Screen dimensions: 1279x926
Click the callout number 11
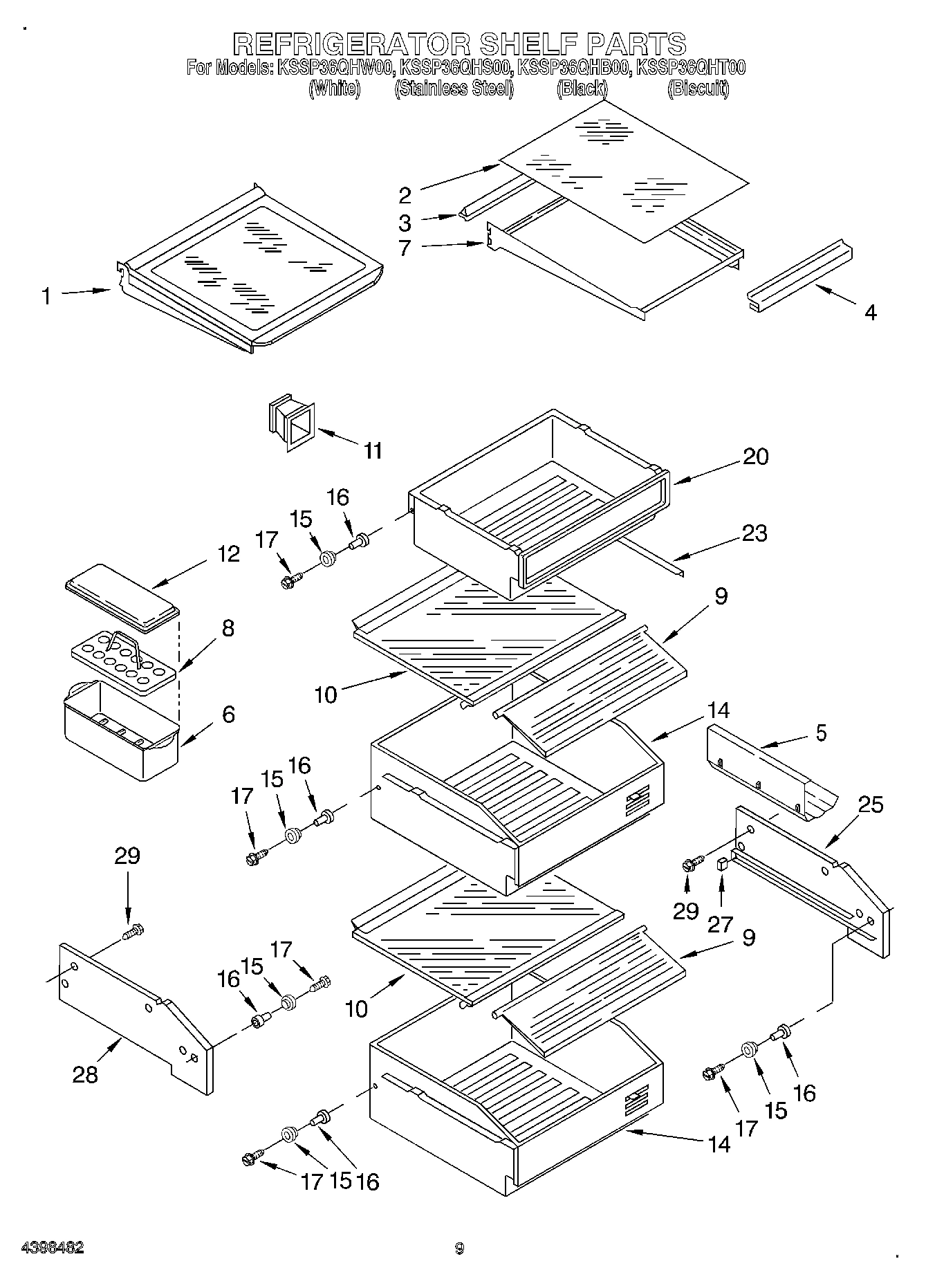point(373,451)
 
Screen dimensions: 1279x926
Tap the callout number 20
point(755,457)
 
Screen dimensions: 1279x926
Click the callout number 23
point(754,533)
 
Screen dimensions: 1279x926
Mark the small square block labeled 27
point(721,863)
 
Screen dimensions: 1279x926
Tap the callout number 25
point(870,804)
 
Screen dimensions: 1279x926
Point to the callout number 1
point(46,297)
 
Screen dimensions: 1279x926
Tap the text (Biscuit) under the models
point(698,89)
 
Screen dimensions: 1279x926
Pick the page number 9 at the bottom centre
point(459,1249)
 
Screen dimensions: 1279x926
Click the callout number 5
point(821,733)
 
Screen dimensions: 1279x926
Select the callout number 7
point(405,248)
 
